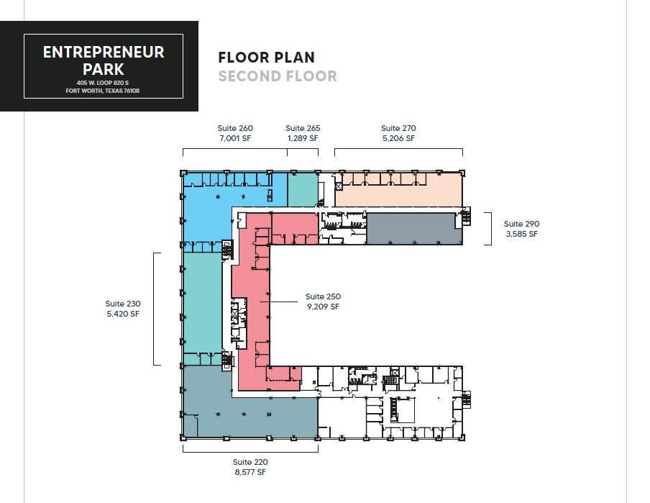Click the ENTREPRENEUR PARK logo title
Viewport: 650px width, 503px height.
pos(104,60)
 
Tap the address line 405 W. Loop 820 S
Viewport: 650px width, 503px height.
pos(104,83)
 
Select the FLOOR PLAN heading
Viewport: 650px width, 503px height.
pos(266,58)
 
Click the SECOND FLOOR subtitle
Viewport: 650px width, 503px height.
pos(278,76)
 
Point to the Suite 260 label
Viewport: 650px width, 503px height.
pos(235,128)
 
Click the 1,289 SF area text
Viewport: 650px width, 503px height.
pos(303,138)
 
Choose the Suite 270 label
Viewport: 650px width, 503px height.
pos(398,128)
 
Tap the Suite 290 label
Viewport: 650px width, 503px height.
pos(521,224)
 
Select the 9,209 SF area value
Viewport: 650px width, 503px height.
pos(323,307)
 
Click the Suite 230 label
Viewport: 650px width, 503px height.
pos(123,304)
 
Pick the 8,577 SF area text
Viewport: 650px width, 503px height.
pos(250,472)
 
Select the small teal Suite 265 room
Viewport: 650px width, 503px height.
pos(302,190)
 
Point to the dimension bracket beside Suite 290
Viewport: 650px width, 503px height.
pos(490,228)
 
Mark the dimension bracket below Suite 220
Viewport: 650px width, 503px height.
pos(250,450)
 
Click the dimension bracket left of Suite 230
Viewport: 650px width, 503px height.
pos(155,309)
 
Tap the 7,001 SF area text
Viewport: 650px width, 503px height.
pos(235,138)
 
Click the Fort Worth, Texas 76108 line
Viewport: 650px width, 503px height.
pos(104,91)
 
